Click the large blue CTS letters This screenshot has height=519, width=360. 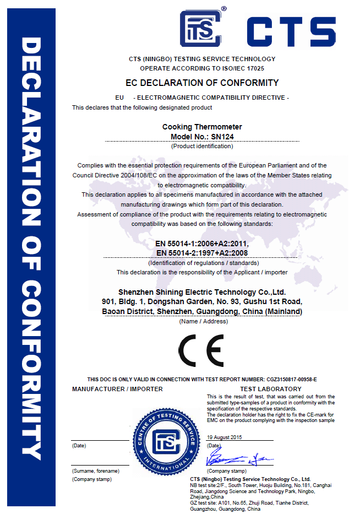[x=290, y=32]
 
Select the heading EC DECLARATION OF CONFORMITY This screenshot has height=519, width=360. [x=202, y=83]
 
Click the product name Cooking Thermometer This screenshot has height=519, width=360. [x=202, y=127]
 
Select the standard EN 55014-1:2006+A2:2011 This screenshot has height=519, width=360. [x=202, y=244]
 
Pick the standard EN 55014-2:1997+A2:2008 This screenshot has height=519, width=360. [x=202, y=253]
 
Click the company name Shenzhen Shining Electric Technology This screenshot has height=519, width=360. [x=202, y=291]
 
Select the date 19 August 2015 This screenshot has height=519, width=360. [x=225, y=437]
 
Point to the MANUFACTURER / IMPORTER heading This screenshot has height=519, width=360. [x=117, y=389]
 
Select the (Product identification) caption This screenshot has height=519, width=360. [x=202, y=146]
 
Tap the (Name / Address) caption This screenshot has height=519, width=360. [x=202, y=321]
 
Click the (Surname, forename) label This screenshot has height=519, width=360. [x=95, y=471]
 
